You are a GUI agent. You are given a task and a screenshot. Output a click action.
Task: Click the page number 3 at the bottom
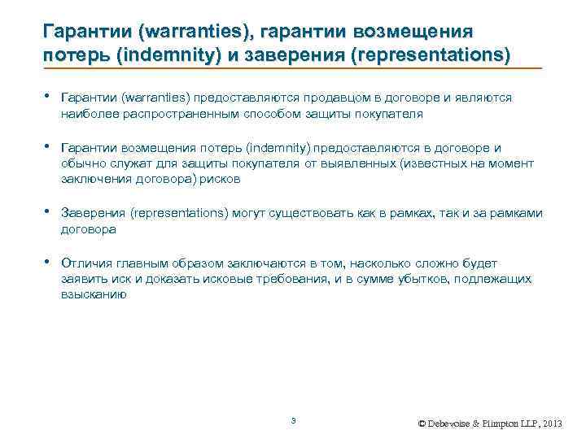(293, 419)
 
